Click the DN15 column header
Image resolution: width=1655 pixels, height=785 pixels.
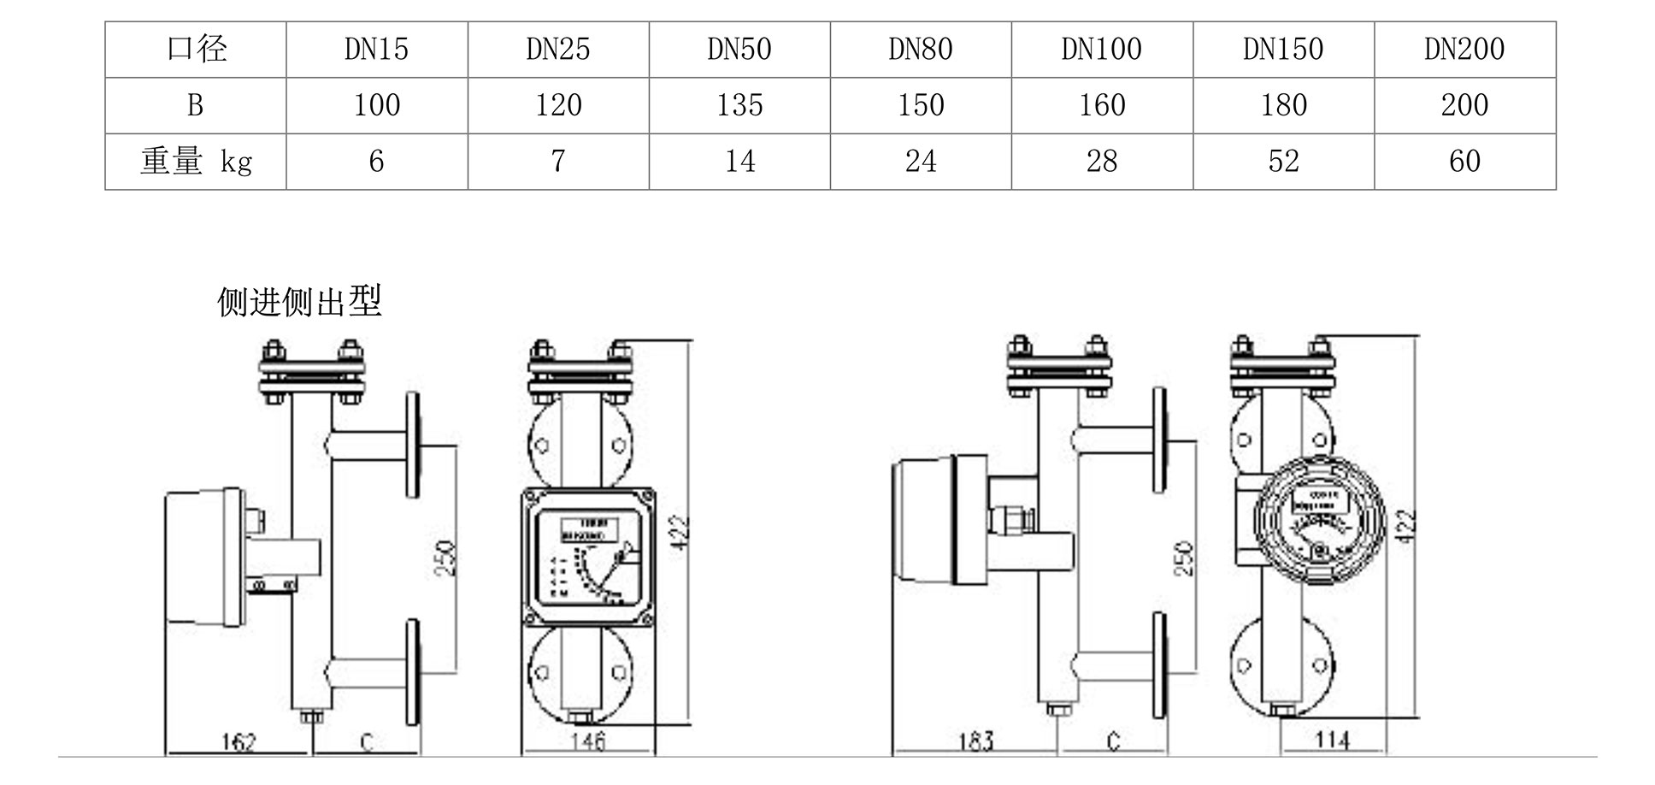(376, 50)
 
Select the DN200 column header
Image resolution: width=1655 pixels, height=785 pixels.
(1464, 50)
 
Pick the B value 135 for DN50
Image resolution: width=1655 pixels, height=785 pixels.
(739, 105)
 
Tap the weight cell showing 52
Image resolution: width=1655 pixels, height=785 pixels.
(1283, 161)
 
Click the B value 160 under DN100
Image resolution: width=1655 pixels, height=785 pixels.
(1102, 105)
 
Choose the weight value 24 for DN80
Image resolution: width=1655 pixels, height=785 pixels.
(921, 161)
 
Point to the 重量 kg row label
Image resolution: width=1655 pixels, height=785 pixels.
(196, 161)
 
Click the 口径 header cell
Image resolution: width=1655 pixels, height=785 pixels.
(196, 50)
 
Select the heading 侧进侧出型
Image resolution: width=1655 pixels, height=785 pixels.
(299, 301)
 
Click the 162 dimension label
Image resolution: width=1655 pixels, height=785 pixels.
(238, 741)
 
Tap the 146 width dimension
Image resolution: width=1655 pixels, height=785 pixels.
(588, 741)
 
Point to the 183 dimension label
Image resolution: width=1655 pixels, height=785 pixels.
(975, 741)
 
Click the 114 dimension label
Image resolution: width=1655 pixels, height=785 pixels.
(1332, 739)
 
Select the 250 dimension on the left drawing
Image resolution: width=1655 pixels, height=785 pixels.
(445, 557)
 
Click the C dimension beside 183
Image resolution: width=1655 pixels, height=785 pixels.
(1112, 741)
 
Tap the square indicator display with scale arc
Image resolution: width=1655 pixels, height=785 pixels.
(588, 557)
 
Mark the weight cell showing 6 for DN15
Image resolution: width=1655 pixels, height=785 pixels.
(376, 161)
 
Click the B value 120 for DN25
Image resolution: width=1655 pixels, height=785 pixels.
(557, 105)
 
